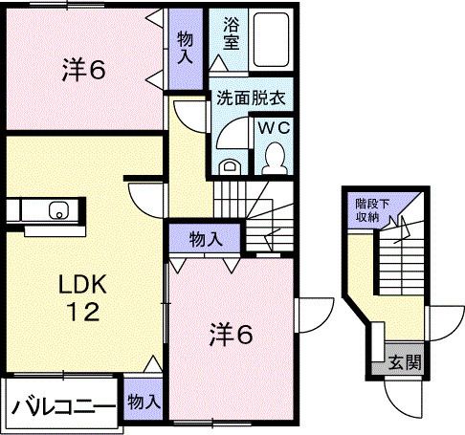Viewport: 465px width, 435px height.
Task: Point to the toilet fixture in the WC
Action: (x=273, y=156)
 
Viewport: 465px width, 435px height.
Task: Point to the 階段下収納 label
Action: (x=372, y=207)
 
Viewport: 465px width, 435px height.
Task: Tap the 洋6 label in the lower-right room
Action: (x=232, y=334)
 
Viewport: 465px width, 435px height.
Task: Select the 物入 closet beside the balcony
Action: (x=143, y=401)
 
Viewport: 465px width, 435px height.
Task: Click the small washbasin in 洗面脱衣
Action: (x=227, y=164)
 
